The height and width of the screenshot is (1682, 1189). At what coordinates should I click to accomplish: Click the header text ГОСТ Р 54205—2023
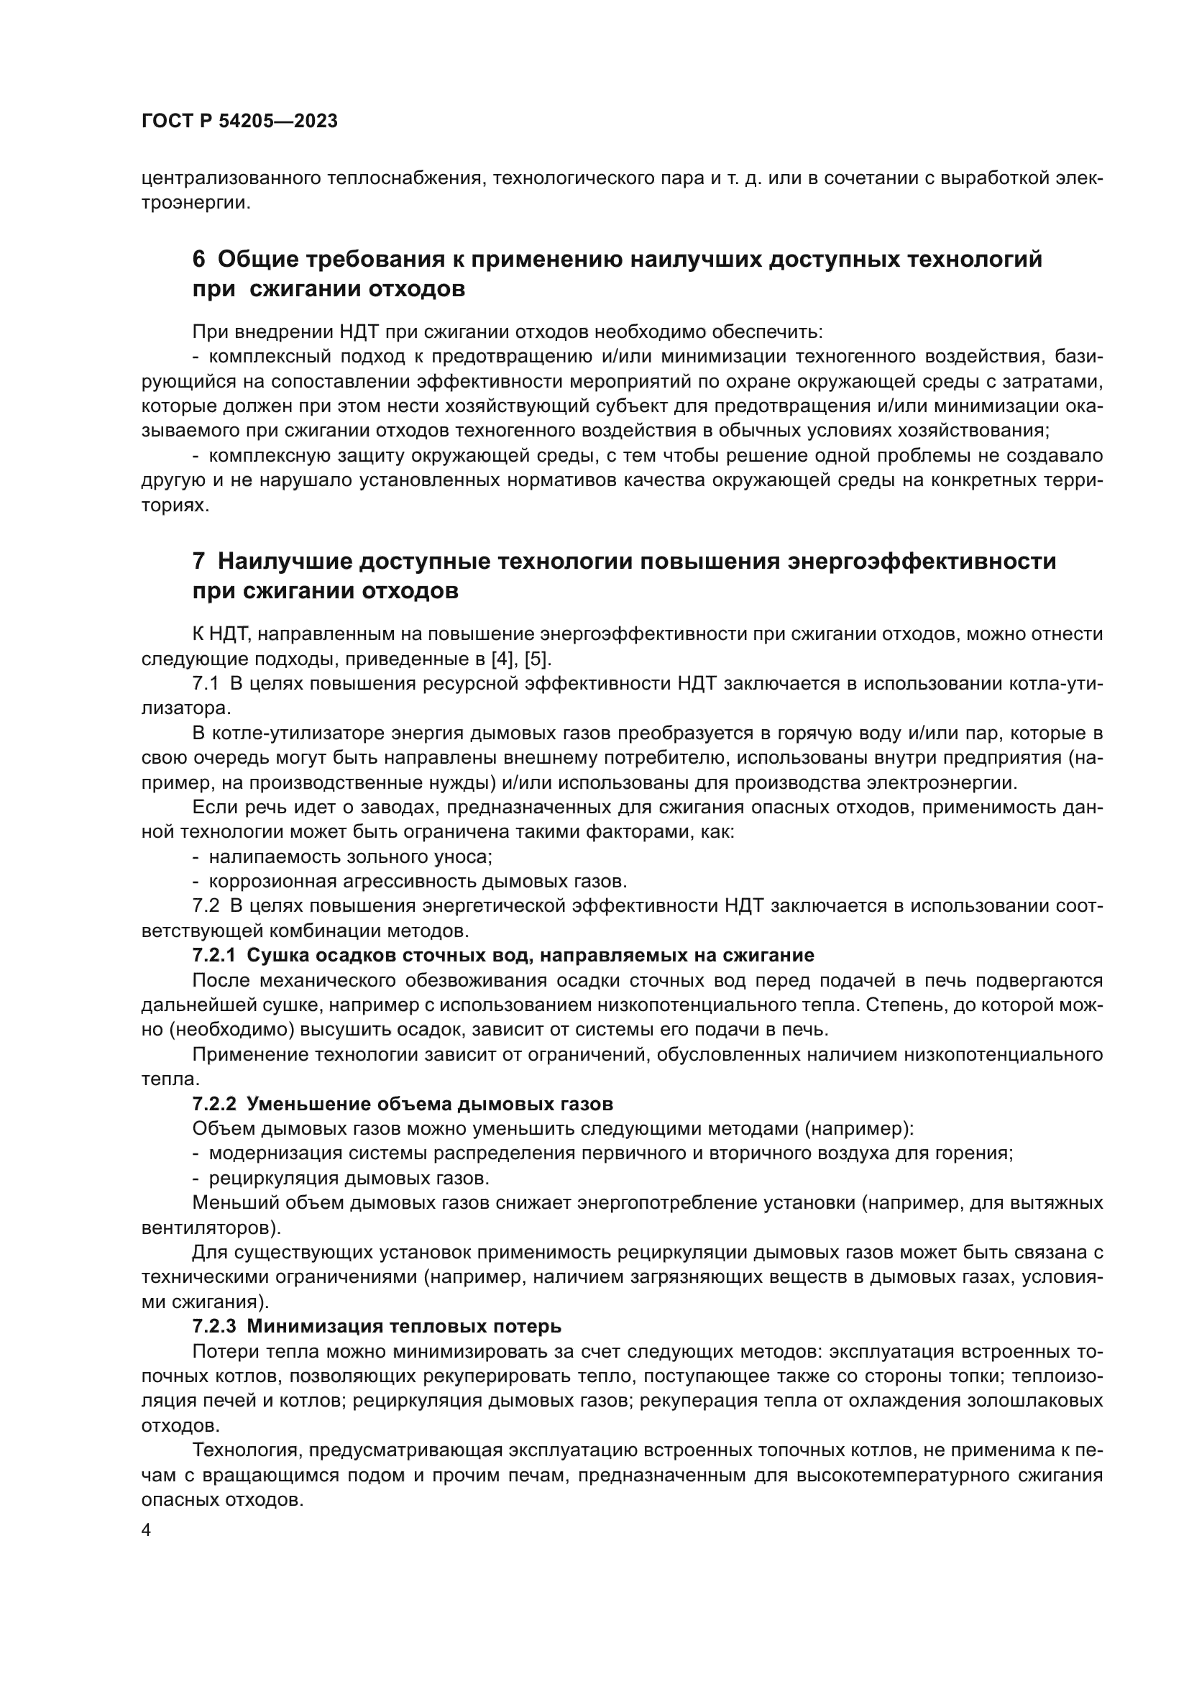tap(239, 122)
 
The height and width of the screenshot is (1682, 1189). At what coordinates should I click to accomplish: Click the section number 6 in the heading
tap(198, 260)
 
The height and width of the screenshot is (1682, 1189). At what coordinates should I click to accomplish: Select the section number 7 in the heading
tap(198, 562)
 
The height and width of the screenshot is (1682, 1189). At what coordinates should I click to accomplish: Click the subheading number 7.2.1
tap(214, 955)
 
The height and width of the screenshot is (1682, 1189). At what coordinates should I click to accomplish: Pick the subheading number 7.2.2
tap(214, 1103)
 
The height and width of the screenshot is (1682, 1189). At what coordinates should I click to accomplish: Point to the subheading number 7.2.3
tap(214, 1326)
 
